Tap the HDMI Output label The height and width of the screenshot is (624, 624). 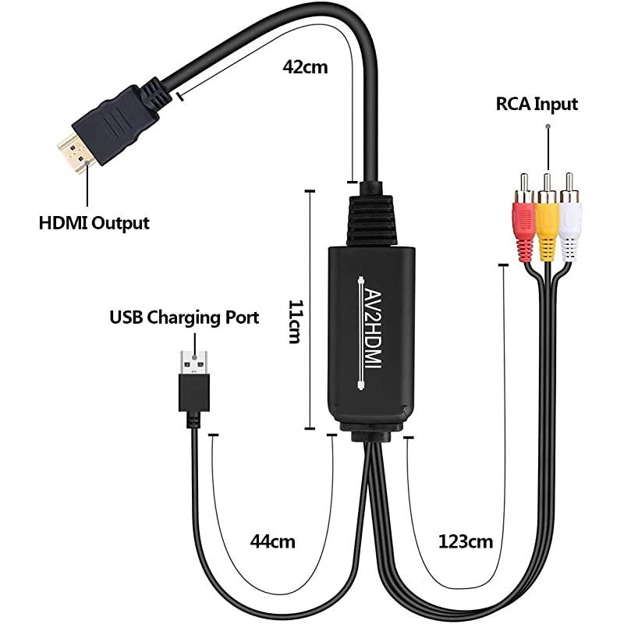94,224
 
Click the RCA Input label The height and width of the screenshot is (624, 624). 537,104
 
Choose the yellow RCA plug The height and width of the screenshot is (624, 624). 548,226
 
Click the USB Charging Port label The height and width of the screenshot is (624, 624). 184,317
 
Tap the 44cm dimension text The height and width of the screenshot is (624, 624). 272,540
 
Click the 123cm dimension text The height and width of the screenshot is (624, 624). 466,540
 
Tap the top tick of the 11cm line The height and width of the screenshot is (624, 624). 310,190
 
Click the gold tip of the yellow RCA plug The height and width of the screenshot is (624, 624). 548,180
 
